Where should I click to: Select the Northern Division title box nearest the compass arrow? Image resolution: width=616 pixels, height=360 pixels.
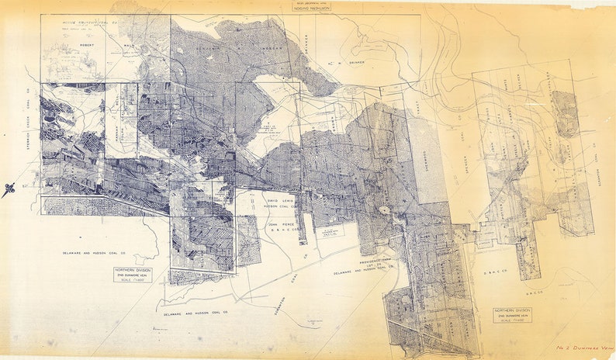tap(133, 275)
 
